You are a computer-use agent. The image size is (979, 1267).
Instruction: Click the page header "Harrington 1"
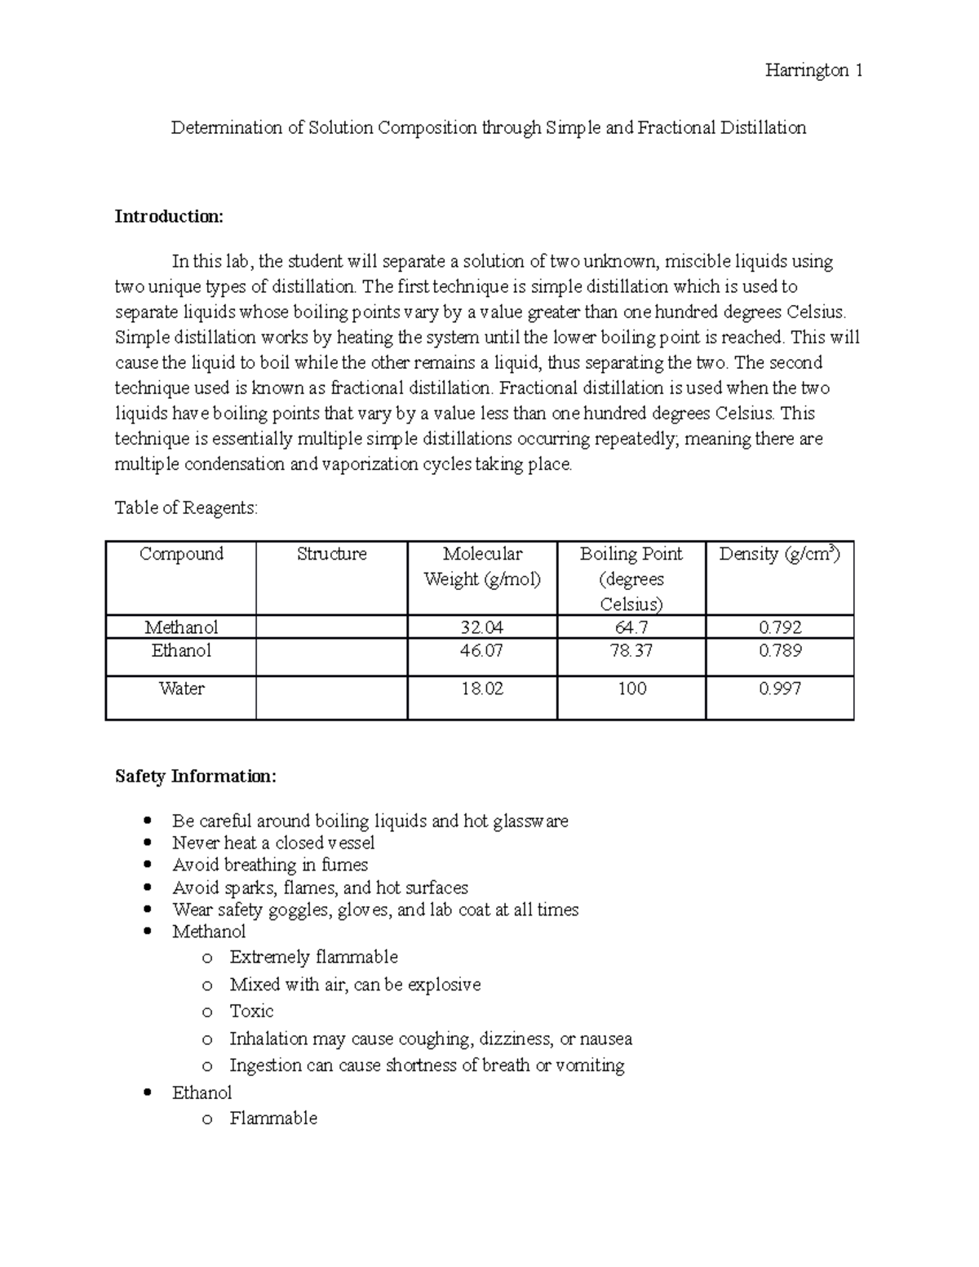[813, 71]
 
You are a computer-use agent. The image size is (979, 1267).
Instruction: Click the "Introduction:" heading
[168, 216]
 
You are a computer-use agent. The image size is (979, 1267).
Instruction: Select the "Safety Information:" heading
[196, 776]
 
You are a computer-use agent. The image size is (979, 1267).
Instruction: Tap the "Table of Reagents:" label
[186, 508]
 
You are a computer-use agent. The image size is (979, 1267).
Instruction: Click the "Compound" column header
[181, 554]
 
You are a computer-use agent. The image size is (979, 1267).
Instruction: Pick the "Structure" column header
[331, 554]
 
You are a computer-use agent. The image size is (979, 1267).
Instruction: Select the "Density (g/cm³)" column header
[779, 554]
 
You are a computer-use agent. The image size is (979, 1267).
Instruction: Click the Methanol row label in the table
[181, 627]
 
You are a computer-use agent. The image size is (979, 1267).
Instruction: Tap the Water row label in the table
[181, 689]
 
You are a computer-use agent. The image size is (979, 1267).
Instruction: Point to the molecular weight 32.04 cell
[482, 627]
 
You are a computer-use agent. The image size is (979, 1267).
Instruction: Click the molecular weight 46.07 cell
[482, 651]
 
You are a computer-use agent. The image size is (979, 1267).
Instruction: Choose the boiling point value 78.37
[631, 651]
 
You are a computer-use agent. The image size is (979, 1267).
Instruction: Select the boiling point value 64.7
[631, 627]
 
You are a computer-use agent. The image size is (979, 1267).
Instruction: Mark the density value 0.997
[780, 689]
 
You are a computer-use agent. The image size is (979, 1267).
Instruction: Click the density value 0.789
[780, 651]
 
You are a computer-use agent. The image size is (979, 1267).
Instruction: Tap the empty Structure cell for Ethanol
[331, 657]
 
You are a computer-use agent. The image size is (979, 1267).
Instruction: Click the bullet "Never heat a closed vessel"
[273, 843]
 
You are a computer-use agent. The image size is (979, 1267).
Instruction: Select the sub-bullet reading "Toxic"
[251, 1012]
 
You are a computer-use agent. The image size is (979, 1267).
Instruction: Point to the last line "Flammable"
[273, 1119]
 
